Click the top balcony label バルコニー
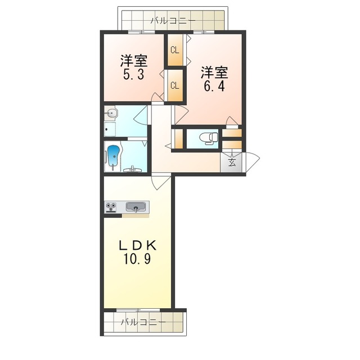pyautogui.click(x=173, y=21)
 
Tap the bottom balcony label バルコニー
pyautogui.click(x=143, y=322)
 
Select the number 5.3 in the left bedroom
pyautogui.click(x=134, y=75)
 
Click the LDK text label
pyautogui.click(x=137, y=246)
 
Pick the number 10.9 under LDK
pyautogui.click(x=137, y=259)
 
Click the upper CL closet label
pyautogui.click(x=175, y=50)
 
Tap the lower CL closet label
pyautogui.click(x=175, y=85)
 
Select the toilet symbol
pyautogui.click(x=209, y=139)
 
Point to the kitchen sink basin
pyautogui.click(x=136, y=207)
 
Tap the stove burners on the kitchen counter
pyautogui.click(x=111, y=207)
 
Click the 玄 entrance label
pyautogui.click(x=232, y=163)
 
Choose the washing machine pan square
pyautogui.click(x=110, y=129)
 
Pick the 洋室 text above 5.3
pyautogui.click(x=134, y=61)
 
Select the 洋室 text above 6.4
pyautogui.click(x=214, y=73)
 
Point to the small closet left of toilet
pyautogui.click(x=179, y=139)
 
